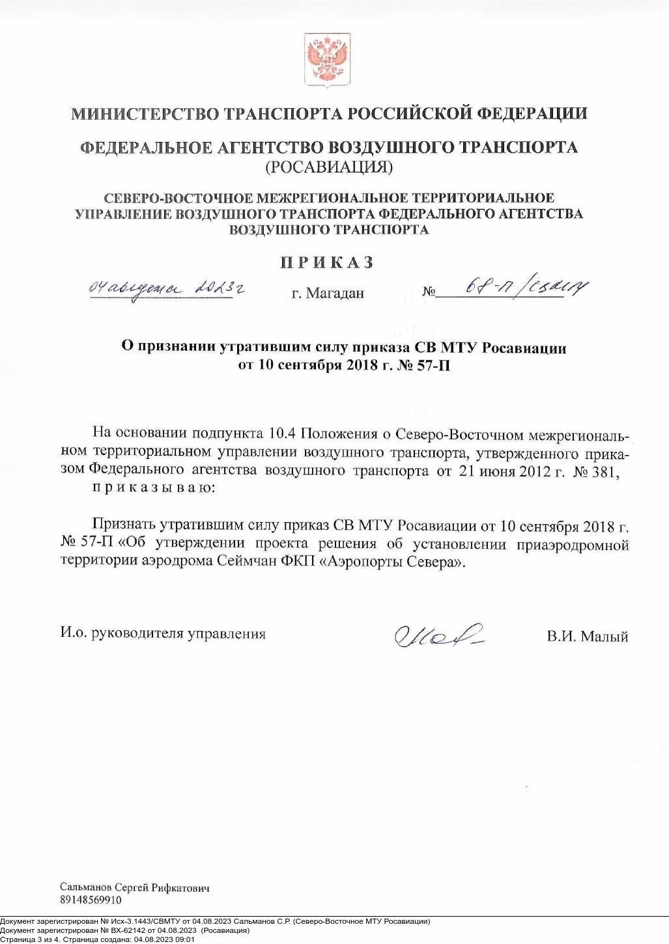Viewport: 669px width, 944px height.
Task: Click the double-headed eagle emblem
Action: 328,61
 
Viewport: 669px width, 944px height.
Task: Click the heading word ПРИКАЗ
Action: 328,262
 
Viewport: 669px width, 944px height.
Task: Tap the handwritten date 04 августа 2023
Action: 169,288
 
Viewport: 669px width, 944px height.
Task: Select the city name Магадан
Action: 335,294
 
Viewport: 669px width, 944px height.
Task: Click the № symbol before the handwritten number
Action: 429,292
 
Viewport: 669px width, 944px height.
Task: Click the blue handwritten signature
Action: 438,633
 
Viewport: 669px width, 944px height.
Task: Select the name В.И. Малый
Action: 588,636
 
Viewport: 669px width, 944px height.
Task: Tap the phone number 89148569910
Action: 91,900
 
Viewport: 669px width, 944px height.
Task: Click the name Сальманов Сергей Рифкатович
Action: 135,887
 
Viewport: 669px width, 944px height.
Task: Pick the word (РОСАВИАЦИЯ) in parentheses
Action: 328,167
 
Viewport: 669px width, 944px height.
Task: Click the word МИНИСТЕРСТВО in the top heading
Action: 145,114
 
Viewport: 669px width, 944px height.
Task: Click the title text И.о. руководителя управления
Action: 163,633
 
